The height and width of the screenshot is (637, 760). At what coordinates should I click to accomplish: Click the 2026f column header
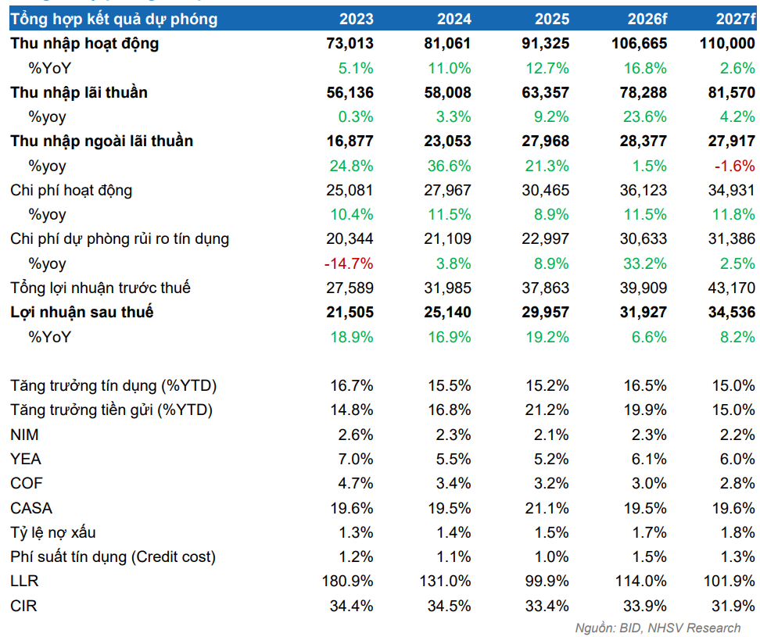coord(647,19)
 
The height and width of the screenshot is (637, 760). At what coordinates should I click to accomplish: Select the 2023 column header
coord(357,19)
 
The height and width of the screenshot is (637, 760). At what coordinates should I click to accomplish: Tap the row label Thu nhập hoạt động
coord(84,44)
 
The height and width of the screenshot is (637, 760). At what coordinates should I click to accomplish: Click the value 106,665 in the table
coord(640,44)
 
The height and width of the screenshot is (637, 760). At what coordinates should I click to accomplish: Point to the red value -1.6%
coord(735,166)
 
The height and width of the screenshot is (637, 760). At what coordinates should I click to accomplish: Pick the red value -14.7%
coord(349,263)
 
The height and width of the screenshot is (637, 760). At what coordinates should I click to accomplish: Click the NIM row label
coord(24,435)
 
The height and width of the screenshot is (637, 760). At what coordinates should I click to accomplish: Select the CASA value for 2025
coord(547,508)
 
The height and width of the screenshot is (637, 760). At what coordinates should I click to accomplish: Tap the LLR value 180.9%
coord(347,581)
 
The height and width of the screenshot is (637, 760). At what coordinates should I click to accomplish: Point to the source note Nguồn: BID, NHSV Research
coord(658,628)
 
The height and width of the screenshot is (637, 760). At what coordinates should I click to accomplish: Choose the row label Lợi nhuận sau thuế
coord(82,313)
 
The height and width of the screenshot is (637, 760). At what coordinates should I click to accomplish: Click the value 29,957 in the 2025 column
coord(545,312)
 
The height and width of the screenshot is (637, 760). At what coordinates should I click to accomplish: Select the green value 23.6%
coord(645,116)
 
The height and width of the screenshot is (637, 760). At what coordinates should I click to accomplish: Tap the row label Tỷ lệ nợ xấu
coord(53,533)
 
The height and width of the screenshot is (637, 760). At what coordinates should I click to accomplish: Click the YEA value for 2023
coord(356,459)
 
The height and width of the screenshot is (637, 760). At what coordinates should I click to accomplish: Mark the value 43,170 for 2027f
coord(732,288)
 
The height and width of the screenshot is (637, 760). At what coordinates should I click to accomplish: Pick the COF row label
coord(27,483)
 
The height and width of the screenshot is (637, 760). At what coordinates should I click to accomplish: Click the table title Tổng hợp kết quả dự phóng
coord(114,20)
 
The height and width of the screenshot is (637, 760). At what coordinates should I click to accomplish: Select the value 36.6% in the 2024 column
coord(450,166)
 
